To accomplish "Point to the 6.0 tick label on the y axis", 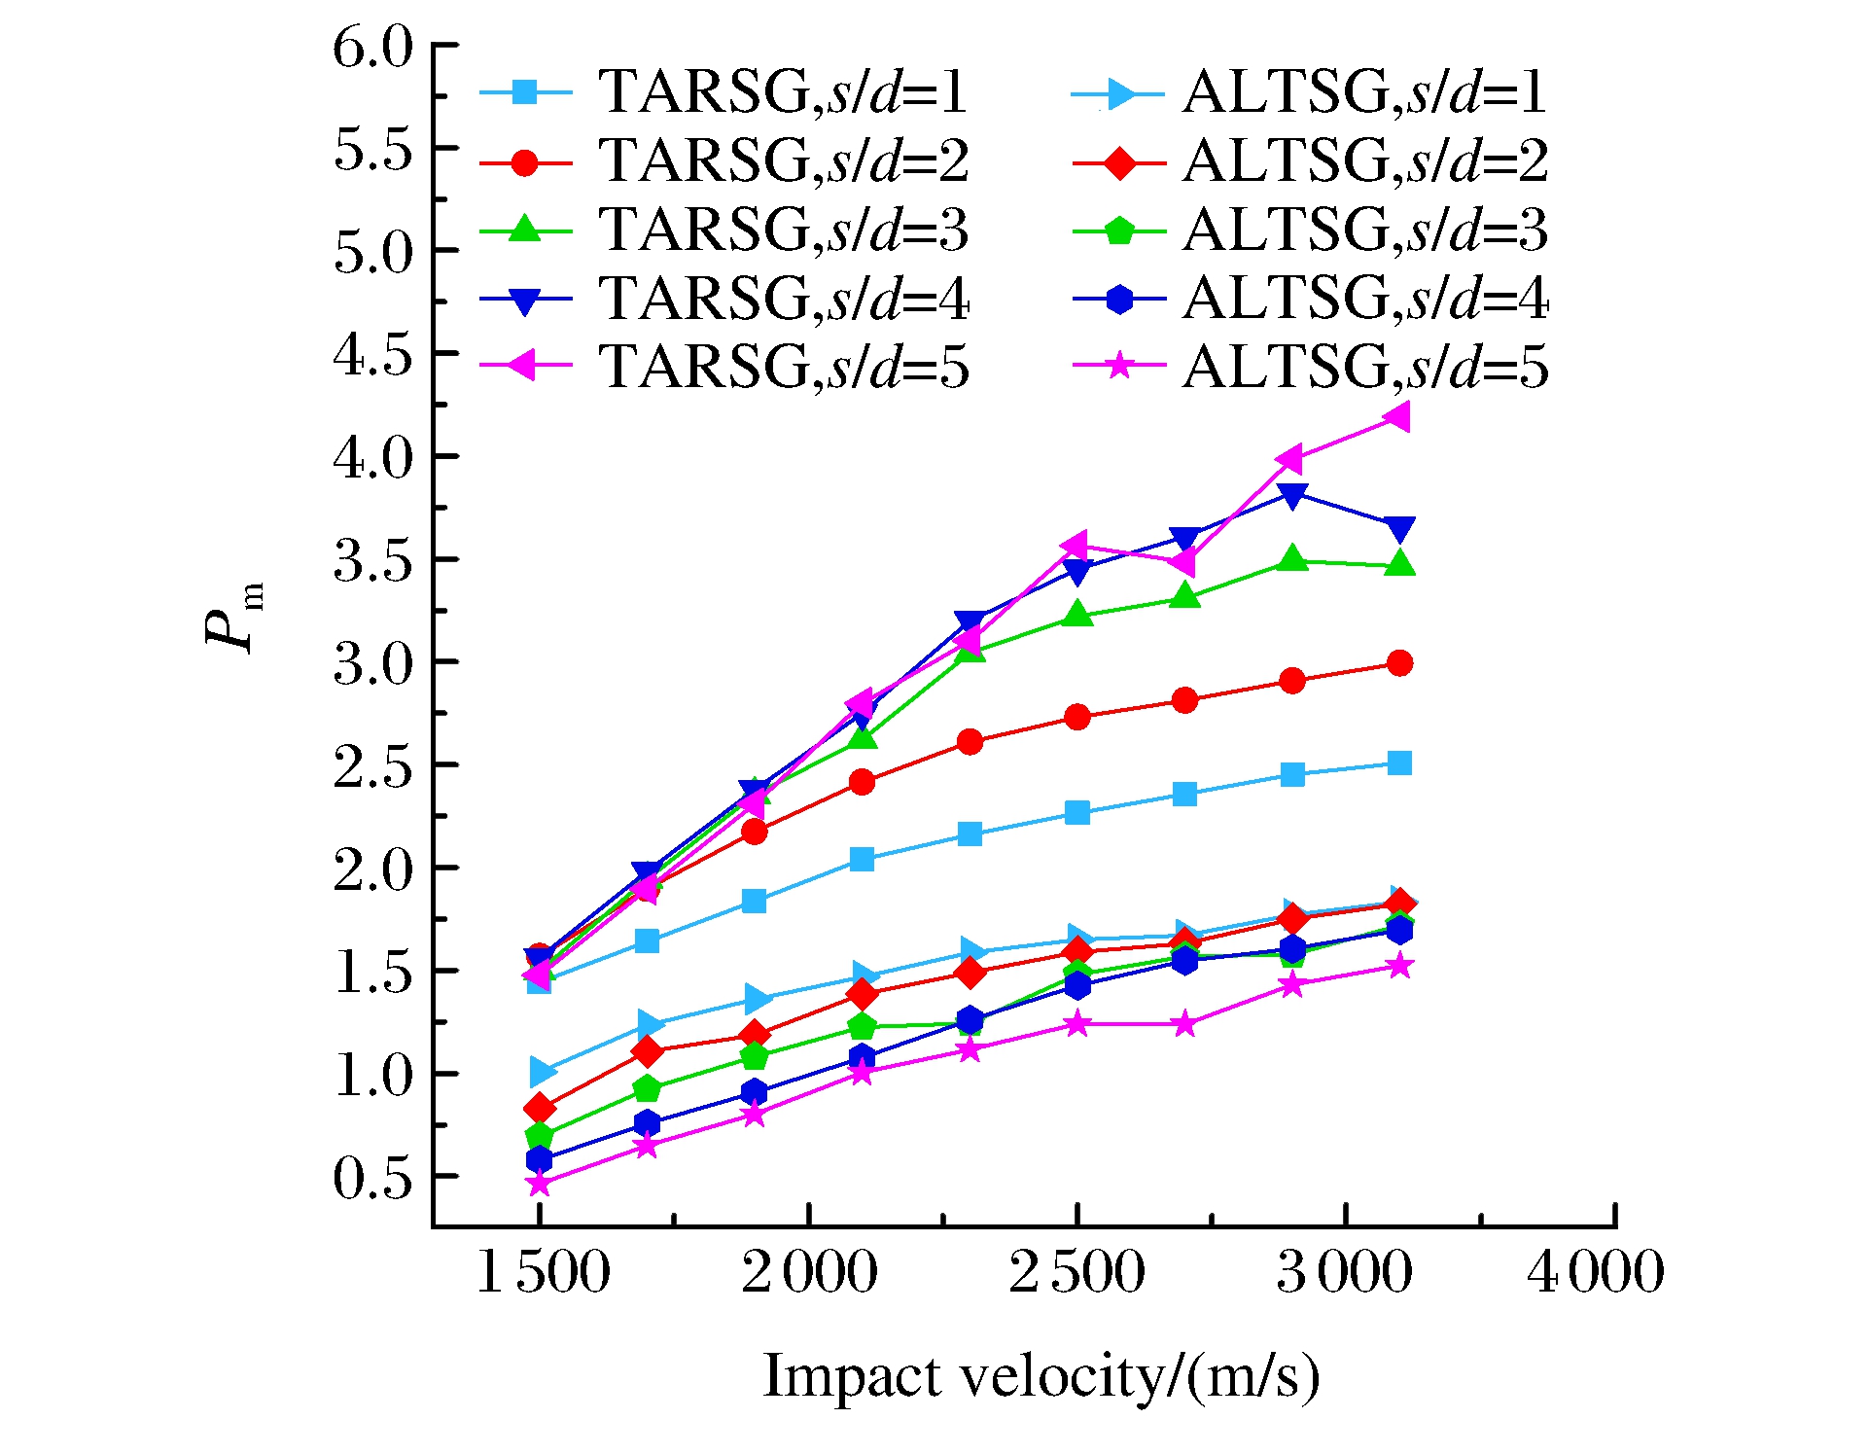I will pyautogui.click(x=372, y=48).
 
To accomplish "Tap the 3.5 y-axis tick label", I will pyautogui.click(x=372, y=561).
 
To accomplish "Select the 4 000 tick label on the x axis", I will pyautogui.click(x=1595, y=1272).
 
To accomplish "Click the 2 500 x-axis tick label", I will pyautogui.click(x=1076, y=1272).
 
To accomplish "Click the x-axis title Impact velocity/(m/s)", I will pyautogui.click(x=1041, y=1376).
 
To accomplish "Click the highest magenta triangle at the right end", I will pyautogui.click(x=1398, y=417).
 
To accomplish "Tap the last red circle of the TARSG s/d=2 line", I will pyautogui.click(x=1399, y=663).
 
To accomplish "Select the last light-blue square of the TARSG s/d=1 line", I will pyautogui.click(x=1399, y=762).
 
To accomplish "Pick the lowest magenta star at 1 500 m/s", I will pyautogui.click(x=539, y=1184).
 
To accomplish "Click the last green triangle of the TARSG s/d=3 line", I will pyautogui.click(x=1399, y=563).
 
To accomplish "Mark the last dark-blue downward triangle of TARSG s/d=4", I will pyautogui.click(x=1399, y=529).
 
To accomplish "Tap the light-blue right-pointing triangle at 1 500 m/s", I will pyautogui.click(x=542, y=1072).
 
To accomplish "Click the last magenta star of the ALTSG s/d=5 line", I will pyautogui.click(x=1399, y=966).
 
